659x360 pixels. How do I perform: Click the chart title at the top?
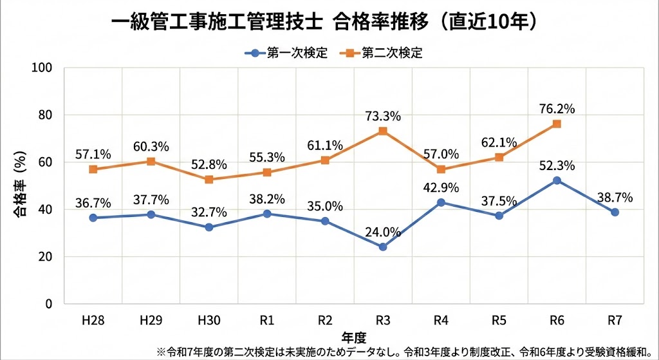[325, 21]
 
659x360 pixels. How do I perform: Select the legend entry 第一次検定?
[288, 53]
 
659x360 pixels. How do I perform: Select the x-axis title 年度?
[353, 336]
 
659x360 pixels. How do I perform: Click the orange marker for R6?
[557, 124]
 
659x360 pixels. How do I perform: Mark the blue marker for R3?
[383, 247]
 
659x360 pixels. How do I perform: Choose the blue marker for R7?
[615, 212]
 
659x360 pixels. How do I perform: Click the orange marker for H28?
[93, 169]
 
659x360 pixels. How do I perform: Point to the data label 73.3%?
[383, 116]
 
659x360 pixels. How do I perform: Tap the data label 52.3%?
[557, 165]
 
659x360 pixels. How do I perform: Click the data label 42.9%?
[441, 187]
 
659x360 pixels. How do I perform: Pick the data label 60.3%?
[151, 146]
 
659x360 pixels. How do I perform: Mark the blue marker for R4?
[441, 202]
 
